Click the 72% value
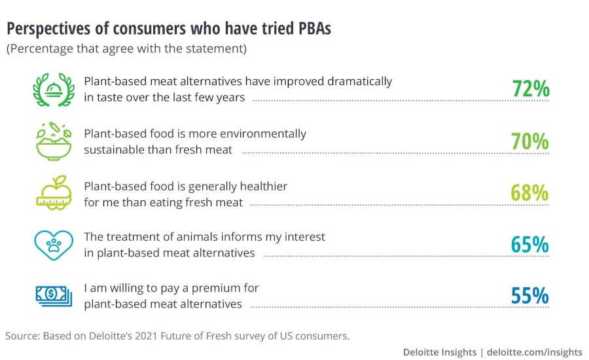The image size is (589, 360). click(x=530, y=89)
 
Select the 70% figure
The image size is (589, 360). click(x=530, y=141)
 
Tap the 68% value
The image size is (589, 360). click(x=530, y=192)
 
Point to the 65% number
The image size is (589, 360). click(x=530, y=244)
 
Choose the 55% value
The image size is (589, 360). click(x=530, y=295)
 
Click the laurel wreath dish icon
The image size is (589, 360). click(x=53, y=90)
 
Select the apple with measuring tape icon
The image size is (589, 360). click(x=53, y=192)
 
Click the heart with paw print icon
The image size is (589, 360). click(x=53, y=243)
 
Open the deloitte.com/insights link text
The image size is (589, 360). click(x=535, y=352)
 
